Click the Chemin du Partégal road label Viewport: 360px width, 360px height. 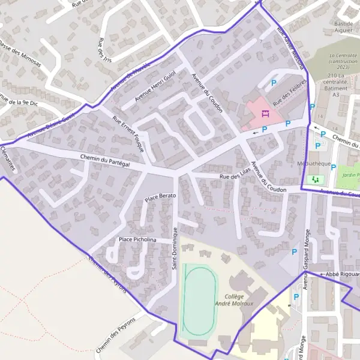click(x=105, y=160)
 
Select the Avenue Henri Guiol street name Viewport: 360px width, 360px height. click(x=155, y=86)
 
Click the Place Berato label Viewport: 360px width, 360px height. click(x=160, y=196)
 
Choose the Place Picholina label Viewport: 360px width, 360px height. click(x=137, y=239)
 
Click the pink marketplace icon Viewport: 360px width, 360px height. click(x=265, y=113)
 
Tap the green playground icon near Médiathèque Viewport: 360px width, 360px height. click(x=314, y=179)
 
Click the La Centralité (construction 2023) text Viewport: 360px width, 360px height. click(x=343, y=59)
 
